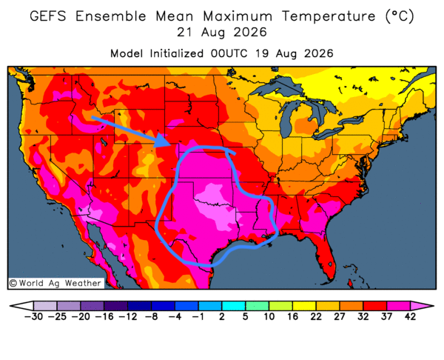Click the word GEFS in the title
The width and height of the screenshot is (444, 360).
pyautogui.click(x=48, y=16)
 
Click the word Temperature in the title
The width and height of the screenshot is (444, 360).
pyautogui.click(x=329, y=16)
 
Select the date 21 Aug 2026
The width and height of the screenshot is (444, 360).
pyautogui.click(x=222, y=33)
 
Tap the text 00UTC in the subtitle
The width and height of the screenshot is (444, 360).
pyautogui.click(x=229, y=53)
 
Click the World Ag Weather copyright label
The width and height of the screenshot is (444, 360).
pyautogui.click(x=55, y=283)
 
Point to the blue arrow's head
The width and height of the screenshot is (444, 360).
pyautogui.click(x=164, y=140)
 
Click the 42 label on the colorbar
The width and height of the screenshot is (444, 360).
pyautogui.click(x=410, y=316)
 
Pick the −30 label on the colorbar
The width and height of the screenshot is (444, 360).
pyautogui.click(x=33, y=316)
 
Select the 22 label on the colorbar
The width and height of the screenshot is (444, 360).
pyautogui.click(x=316, y=316)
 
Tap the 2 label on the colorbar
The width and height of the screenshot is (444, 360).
pyautogui.click(x=222, y=316)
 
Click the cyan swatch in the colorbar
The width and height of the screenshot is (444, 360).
pyautogui.click(x=233, y=306)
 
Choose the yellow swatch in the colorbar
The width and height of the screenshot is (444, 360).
pyautogui.click(x=304, y=306)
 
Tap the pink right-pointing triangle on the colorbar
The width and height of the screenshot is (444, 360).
pyautogui.click(x=421, y=306)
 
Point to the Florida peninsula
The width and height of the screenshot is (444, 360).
pyautogui.click(x=326, y=253)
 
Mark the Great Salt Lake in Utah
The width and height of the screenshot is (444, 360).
pyautogui.click(x=104, y=141)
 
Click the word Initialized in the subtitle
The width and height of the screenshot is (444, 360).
pyautogui.click(x=177, y=53)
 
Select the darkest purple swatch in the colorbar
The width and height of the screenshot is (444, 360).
pyautogui.click(x=115, y=306)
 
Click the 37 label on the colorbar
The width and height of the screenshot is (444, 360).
pyautogui.click(x=386, y=316)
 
